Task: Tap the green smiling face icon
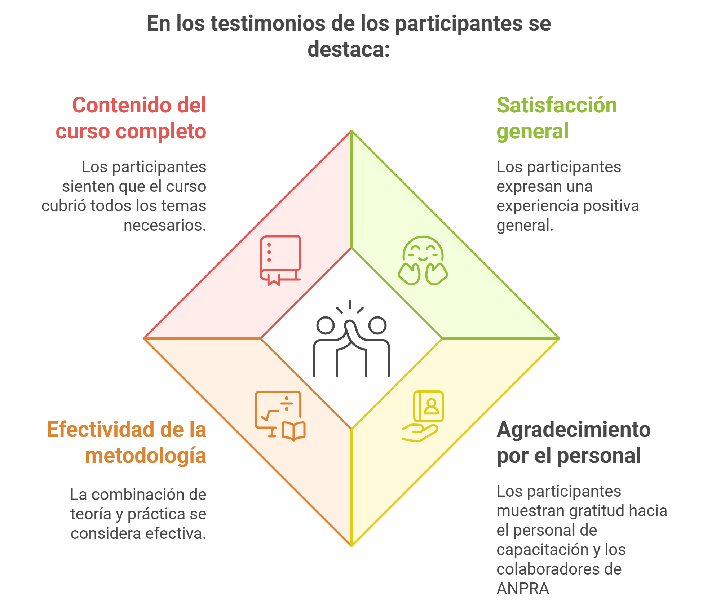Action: pos(423,260)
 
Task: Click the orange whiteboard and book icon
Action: pos(280,416)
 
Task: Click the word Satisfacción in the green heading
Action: pos(556,105)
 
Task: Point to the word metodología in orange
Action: pos(145,456)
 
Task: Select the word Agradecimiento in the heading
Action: pos(573,430)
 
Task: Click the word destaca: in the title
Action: pos(348,49)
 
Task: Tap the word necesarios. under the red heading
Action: pos(165,226)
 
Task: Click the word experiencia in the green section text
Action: pos(538,206)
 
